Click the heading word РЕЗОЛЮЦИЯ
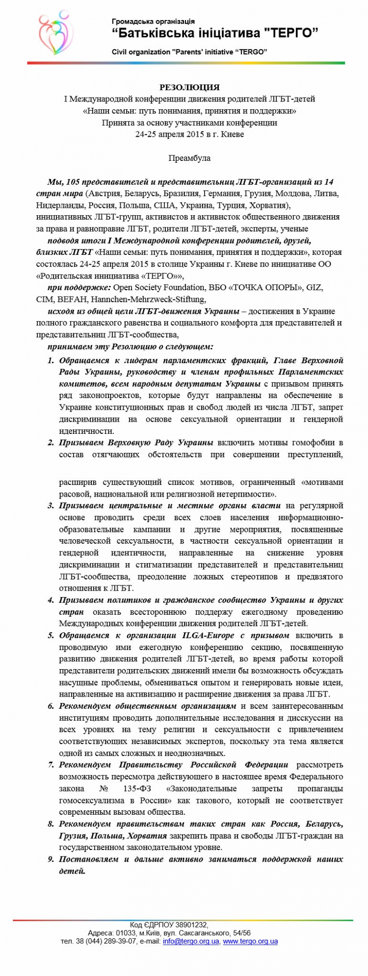click(x=189, y=87)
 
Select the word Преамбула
click(x=189, y=158)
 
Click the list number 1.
click(x=50, y=360)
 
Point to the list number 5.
click(x=50, y=635)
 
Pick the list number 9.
click(x=50, y=859)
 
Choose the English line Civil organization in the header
click(x=189, y=52)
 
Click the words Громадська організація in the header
click(x=153, y=22)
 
